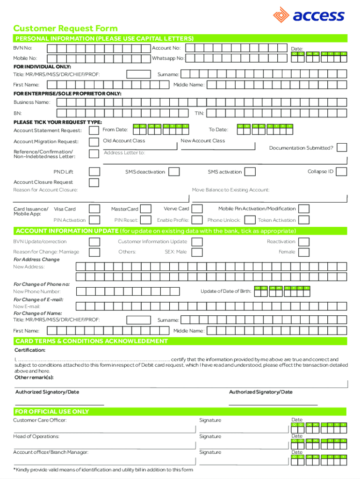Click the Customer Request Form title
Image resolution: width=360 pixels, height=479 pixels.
[65, 28]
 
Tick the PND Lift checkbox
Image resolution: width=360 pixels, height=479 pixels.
[94, 172]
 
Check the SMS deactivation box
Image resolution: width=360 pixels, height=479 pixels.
[174, 172]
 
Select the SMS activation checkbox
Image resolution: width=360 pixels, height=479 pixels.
[250, 172]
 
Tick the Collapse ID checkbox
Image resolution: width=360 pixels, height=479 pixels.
[342, 172]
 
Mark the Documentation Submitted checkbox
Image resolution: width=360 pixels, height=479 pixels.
[342, 148]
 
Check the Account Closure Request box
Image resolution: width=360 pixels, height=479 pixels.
[94, 182]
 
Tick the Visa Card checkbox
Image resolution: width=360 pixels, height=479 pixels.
[94, 209]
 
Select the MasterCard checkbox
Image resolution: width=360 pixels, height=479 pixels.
[146, 209]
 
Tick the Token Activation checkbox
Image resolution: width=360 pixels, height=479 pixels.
[304, 220]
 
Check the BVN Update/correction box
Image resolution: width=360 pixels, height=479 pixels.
[94, 242]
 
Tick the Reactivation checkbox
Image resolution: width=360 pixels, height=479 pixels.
[304, 242]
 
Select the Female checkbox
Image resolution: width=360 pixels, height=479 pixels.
[304, 252]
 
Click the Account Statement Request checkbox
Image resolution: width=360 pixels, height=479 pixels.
[94, 131]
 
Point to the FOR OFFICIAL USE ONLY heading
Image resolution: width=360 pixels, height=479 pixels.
[52, 412]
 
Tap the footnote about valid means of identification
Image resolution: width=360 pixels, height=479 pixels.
[103, 470]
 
